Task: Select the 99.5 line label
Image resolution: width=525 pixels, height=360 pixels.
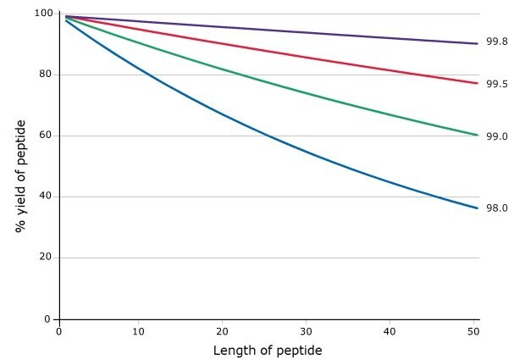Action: [496, 84]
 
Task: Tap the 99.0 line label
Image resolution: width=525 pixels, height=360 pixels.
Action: [496, 136]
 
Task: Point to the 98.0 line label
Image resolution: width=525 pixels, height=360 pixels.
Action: [496, 208]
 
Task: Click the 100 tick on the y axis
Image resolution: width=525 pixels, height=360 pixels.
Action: [42, 14]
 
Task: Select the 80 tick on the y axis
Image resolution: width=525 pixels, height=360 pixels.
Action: [45, 75]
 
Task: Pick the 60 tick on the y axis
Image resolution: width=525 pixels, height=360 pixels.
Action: [45, 136]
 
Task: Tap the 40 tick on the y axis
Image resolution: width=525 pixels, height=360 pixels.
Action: [45, 197]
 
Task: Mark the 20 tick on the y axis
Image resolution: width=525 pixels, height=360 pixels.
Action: [45, 258]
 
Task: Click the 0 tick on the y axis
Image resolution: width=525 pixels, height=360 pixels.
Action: [48, 319]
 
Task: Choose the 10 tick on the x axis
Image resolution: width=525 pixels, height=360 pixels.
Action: [139, 331]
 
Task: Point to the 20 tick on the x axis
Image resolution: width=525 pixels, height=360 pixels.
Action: [223, 331]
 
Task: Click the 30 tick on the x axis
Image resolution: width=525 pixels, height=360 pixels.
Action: [306, 331]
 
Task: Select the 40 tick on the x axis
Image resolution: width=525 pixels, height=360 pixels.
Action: [390, 331]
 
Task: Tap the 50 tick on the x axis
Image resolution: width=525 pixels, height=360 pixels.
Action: [472, 331]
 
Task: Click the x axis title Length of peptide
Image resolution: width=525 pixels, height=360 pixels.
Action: [268, 350]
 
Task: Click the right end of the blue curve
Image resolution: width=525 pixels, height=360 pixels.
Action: [478, 208]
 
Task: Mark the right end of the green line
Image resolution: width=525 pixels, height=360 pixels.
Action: [478, 136]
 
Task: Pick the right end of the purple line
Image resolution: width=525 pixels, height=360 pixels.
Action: [478, 43]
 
